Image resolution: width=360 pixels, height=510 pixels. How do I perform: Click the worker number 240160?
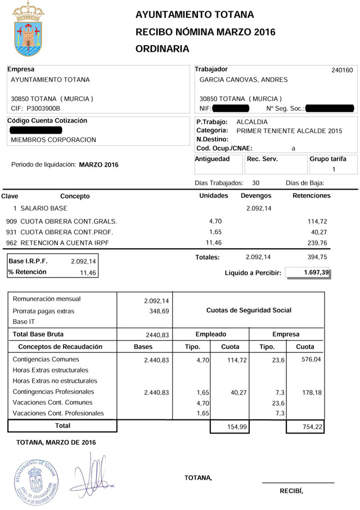click(342, 70)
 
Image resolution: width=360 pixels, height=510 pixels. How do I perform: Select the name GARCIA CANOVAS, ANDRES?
click(243, 80)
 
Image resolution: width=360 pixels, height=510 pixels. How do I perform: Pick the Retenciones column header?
click(312, 196)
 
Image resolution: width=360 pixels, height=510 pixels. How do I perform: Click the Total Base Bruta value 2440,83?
click(157, 334)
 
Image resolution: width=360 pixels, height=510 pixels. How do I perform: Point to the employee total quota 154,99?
click(229, 427)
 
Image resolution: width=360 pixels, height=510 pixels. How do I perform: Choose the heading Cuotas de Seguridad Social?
click(249, 310)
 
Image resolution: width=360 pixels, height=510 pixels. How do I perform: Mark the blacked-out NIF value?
click(232, 108)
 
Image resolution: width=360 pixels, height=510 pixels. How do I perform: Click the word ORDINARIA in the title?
click(163, 49)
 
